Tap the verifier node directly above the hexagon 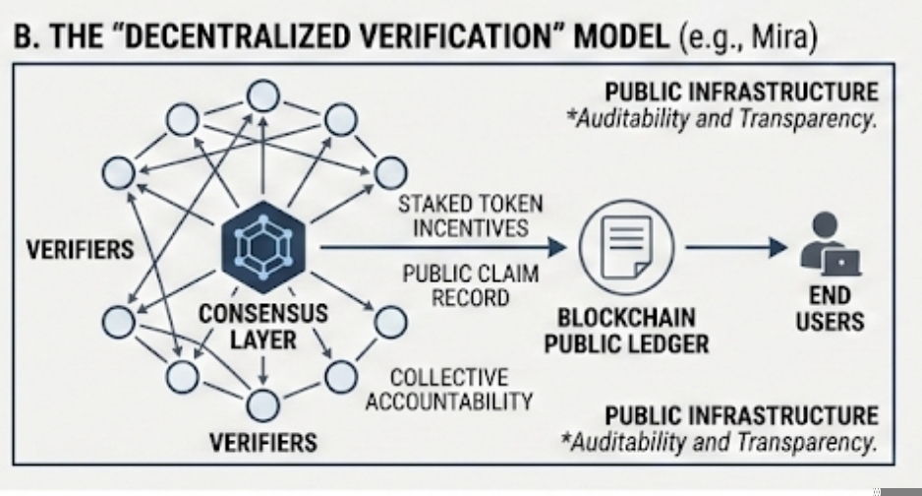pyautogui.click(x=261, y=97)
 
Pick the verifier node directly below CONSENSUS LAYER pyautogui.click(x=261, y=403)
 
